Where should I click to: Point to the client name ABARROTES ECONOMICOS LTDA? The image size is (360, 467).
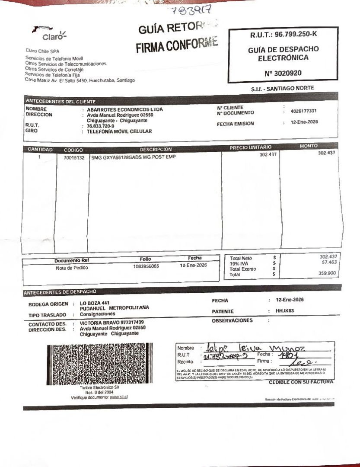(x=125, y=109)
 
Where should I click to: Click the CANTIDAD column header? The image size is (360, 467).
(x=40, y=150)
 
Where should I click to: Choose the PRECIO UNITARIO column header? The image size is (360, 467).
(x=251, y=147)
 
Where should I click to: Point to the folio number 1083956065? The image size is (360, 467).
(x=146, y=266)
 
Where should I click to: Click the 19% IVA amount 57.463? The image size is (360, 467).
(x=329, y=262)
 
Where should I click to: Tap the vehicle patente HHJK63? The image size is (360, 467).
(x=285, y=311)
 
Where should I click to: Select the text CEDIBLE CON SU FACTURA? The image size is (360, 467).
(x=302, y=382)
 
